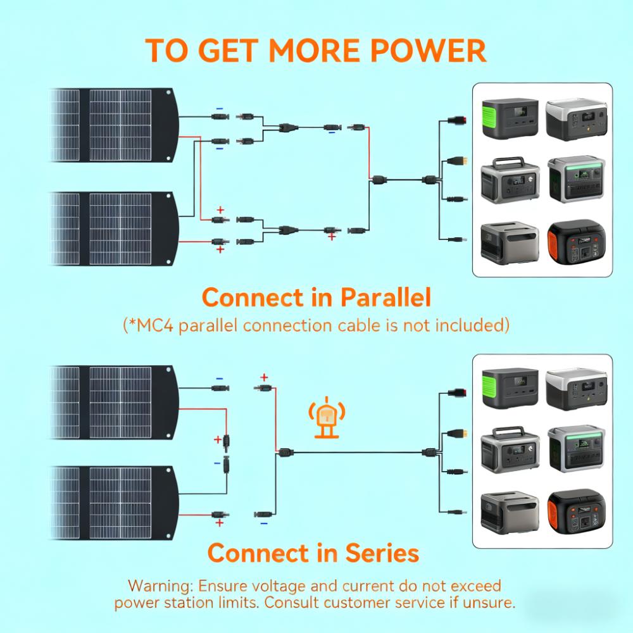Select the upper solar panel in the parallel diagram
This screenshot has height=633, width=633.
[x=114, y=125]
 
